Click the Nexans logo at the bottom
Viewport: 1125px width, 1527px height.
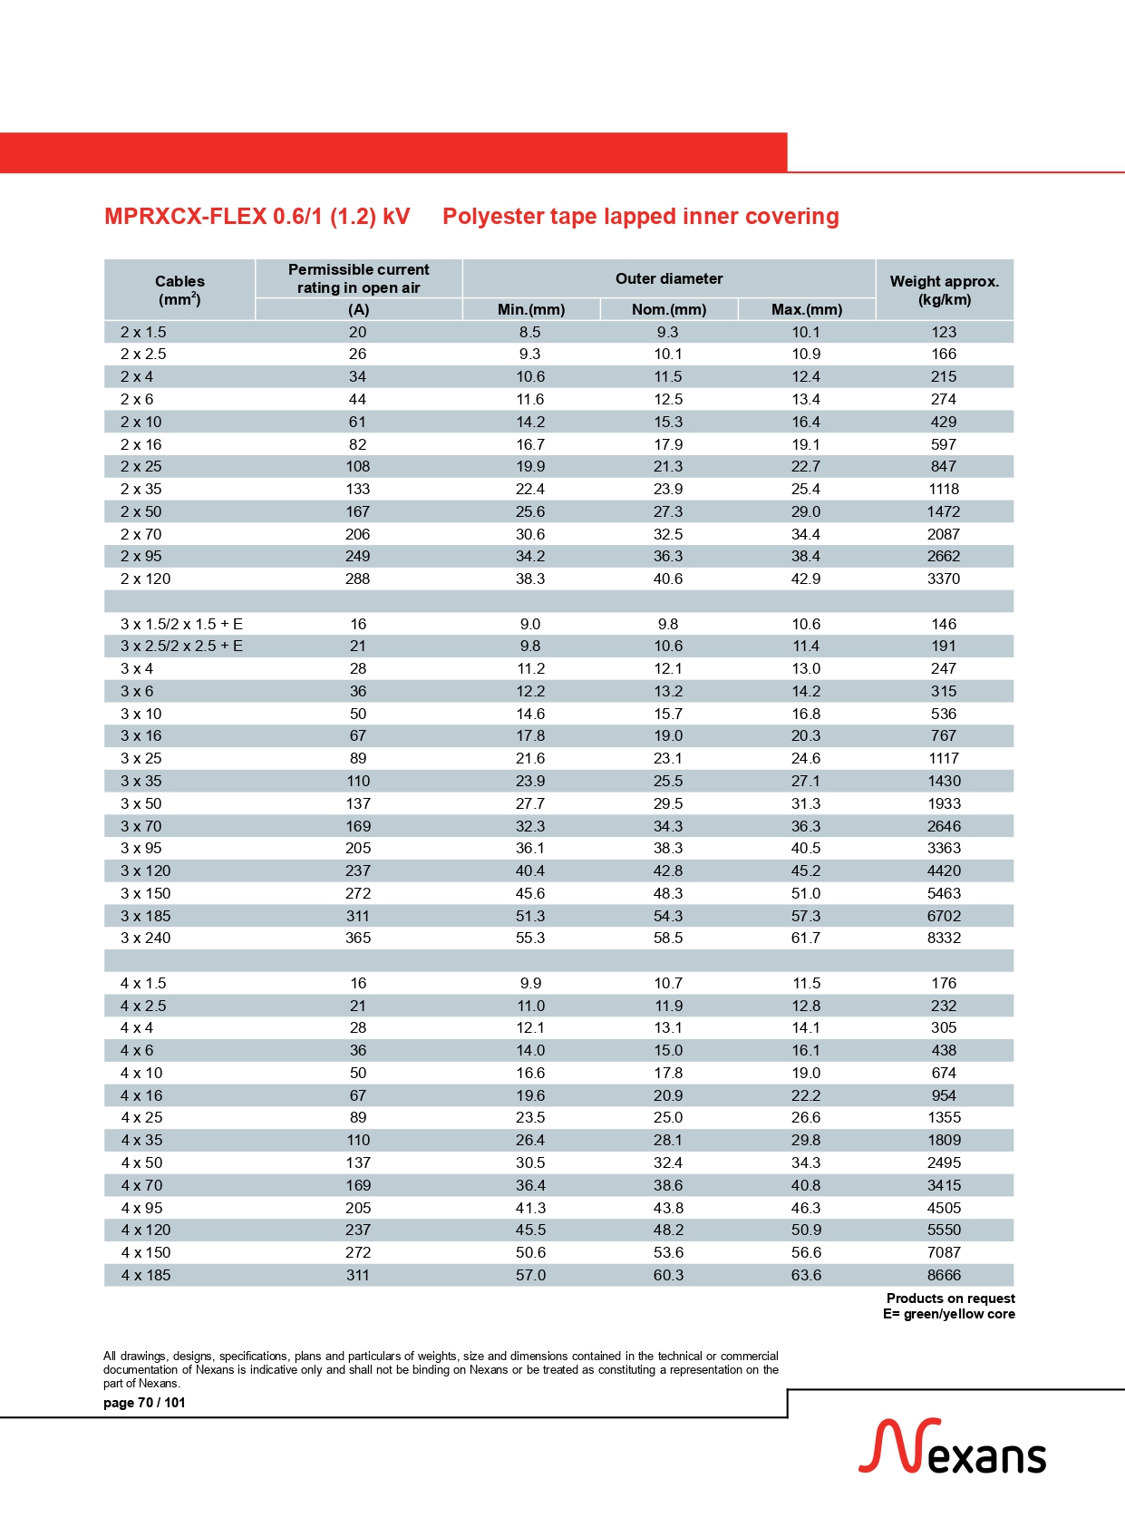(x=952, y=1447)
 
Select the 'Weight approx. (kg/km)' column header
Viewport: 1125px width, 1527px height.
(x=944, y=290)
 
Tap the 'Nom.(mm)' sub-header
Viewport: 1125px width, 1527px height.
(x=669, y=309)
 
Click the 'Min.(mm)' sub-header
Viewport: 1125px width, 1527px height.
(x=531, y=309)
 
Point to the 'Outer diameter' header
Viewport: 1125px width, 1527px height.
(x=669, y=278)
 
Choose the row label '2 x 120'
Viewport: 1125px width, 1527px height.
(x=146, y=579)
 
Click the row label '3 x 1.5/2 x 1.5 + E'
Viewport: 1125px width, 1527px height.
(x=181, y=624)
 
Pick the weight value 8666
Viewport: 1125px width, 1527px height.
(x=944, y=1275)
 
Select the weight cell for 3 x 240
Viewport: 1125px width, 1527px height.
(x=944, y=938)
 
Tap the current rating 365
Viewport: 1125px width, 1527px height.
(x=358, y=938)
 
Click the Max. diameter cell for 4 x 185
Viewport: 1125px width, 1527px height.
(x=806, y=1275)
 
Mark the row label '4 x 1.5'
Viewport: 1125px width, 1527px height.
(x=144, y=983)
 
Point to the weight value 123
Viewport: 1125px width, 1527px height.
(x=944, y=332)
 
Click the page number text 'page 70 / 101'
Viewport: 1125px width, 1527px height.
(x=144, y=1403)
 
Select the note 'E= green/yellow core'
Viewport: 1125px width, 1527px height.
(x=948, y=1314)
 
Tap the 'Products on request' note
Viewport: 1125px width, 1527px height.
(x=950, y=1298)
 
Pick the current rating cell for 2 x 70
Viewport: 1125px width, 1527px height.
(x=358, y=534)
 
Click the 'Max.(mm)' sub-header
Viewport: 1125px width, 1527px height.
(x=807, y=309)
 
